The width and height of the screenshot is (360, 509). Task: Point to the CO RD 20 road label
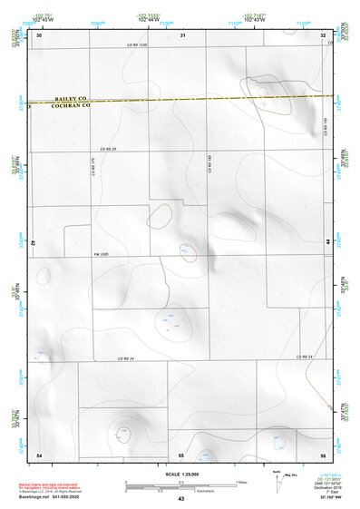pyautogui.click(x=109, y=149)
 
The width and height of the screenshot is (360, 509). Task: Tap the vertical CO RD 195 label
pyautogui.click(x=326, y=126)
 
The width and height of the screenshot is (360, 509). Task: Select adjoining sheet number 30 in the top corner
pyautogui.click(x=39, y=35)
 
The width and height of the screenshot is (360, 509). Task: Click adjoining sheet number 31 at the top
pyautogui.click(x=182, y=35)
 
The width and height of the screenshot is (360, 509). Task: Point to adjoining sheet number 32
pyautogui.click(x=323, y=35)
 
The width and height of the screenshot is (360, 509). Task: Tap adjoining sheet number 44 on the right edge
pyautogui.click(x=327, y=242)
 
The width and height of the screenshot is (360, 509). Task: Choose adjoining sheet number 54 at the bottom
pyautogui.click(x=39, y=454)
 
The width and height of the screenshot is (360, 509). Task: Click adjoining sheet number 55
pyautogui.click(x=181, y=454)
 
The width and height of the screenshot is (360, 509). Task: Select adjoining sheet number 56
pyautogui.click(x=322, y=454)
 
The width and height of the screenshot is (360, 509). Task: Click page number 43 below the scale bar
pyautogui.click(x=180, y=498)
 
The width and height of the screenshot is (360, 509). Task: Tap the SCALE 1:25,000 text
pyautogui.click(x=180, y=474)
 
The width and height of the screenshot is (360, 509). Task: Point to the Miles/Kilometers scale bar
pyautogui.click(x=180, y=485)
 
